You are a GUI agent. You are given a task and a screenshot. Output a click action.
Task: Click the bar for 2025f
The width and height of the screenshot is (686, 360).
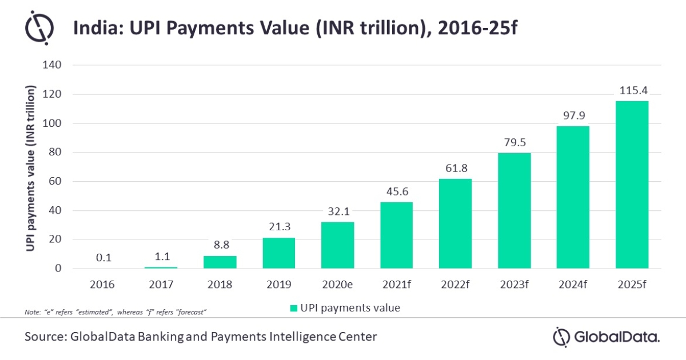pyautogui.click(x=632, y=185)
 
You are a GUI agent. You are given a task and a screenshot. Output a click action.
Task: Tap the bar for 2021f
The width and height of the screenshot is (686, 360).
pyautogui.click(x=396, y=235)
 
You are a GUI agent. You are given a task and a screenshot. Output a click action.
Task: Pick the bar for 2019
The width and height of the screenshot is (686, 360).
pyautogui.click(x=278, y=253)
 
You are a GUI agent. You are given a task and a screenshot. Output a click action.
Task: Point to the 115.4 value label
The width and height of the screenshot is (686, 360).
pyautogui.click(x=632, y=90)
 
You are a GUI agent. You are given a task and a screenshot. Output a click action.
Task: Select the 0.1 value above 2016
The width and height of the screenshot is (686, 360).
pyautogui.click(x=103, y=258)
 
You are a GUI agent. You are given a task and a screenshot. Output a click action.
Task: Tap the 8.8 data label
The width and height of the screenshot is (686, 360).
pyautogui.click(x=220, y=245)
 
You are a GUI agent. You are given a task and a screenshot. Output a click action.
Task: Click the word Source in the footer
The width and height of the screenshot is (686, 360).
pyautogui.click(x=44, y=337)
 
